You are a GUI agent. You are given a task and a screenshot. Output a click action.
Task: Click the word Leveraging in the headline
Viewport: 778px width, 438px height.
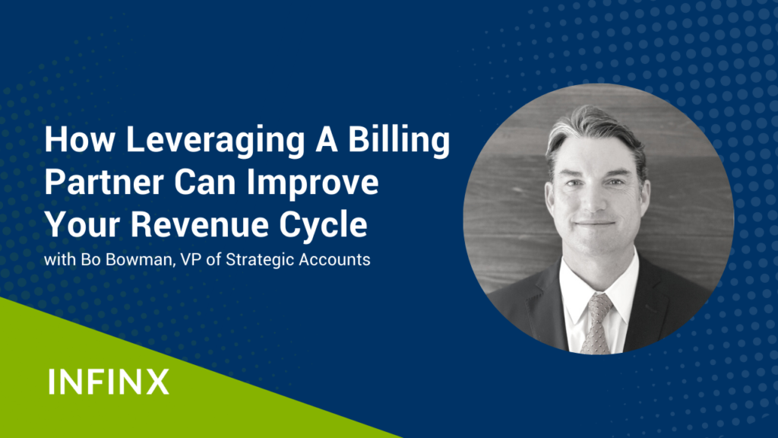[215, 141]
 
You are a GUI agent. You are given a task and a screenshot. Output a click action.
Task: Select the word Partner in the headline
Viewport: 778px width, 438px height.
[104, 182]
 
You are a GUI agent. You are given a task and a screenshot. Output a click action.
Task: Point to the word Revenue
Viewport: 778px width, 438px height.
[200, 224]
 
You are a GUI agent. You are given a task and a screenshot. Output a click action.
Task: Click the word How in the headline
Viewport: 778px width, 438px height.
[79, 140]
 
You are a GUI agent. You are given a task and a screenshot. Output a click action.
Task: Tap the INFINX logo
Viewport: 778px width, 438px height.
[109, 382]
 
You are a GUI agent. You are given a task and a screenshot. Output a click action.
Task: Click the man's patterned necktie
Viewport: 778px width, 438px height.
[596, 322]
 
